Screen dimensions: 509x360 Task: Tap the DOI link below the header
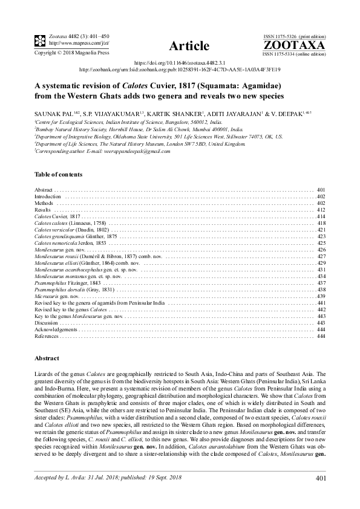point(180,62)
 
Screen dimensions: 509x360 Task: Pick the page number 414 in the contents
point(321,216)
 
